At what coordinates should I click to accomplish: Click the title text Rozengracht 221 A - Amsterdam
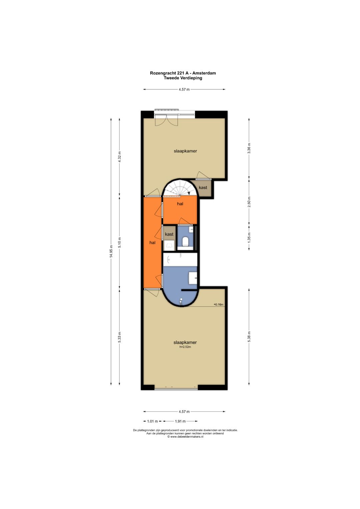click(x=183, y=73)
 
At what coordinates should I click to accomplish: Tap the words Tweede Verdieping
click(x=183, y=78)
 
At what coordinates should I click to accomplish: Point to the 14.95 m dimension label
click(x=111, y=251)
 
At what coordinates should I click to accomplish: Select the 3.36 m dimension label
click(x=249, y=148)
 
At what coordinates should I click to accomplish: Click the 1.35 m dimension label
click(x=249, y=237)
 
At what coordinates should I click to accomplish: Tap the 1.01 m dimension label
click(x=153, y=421)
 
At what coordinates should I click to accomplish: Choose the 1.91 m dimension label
click(x=180, y=421)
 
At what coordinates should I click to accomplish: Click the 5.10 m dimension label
click(x=120, y=242)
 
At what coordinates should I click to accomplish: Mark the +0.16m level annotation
click(x=219, y=304)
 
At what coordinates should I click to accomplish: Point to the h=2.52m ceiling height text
click(x=185, y=347)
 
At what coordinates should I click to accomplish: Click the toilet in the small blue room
click(x=185, y=241)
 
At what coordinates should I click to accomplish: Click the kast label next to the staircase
click(x=203, y=187)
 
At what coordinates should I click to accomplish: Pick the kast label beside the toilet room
click(x=169, y=234)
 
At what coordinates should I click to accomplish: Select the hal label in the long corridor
click(x=153, y=243)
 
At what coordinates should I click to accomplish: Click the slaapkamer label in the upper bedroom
click(x=185, y=151)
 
